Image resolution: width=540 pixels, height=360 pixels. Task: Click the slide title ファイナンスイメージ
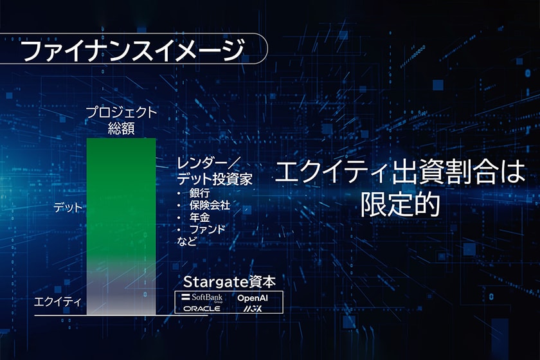click(x=132, y=50)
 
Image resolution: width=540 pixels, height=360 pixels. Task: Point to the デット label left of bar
click(x=68, y=208)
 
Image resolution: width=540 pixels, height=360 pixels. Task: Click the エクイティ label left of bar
click(x=58, y=302)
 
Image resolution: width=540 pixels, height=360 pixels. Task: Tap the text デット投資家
click(x=214, y=179)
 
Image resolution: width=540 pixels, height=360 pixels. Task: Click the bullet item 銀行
click(x=199, y=193)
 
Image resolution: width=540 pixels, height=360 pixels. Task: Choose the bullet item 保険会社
click(x=210, y=205)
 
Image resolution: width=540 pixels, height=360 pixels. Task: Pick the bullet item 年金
click(x=199, y=217)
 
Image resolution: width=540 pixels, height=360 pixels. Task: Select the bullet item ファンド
click(x=207, y=229)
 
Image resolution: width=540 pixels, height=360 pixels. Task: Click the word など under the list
click(x=186, y=241)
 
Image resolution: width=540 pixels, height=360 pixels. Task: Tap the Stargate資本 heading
click(x=230, y=282)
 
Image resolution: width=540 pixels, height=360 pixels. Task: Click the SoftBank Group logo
click(x=203, y=297)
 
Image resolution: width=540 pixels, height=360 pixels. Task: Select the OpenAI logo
click(x=253, y=298)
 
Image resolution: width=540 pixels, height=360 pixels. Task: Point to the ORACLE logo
click(x=202, y=309)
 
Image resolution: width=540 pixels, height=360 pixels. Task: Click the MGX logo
click(x=253, y=309)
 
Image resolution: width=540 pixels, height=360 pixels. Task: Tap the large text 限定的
click(x=400, y=204)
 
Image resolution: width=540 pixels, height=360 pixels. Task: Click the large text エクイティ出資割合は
click(x=400, y=172)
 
